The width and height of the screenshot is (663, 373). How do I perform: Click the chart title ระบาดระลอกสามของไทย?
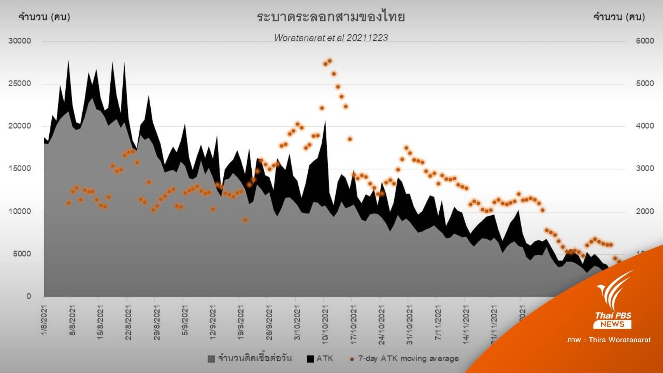(x=331, y=17)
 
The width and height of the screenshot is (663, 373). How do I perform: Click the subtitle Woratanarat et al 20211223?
(x=331, y=38)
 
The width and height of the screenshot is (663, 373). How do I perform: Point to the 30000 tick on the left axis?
(x=19, y=41)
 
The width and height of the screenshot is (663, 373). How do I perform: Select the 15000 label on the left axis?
(x=19, y=169)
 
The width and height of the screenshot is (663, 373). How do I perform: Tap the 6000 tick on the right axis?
(x=645, y=41)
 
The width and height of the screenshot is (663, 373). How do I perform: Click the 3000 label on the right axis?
(x=645, y=169)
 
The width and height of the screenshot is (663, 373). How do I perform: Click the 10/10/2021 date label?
(x=325, y=324)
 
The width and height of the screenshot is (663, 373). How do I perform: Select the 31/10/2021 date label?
(x=409, y=324)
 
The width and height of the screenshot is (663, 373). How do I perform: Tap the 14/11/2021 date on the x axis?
(x=466, y=324)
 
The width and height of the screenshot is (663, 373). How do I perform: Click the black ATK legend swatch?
(x=310, y=359)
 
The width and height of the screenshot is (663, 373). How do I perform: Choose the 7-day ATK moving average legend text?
(x=408, y=359)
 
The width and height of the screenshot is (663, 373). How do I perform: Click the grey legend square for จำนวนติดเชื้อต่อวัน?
(x=211, y=359)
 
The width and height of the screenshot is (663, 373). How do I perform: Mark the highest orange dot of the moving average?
(x=330, y=61)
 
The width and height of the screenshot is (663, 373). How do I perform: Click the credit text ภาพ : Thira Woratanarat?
(x=609, y=340)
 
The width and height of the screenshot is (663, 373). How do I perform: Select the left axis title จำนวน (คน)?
(x=44, y=17)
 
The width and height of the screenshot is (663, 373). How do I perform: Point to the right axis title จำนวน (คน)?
(x=619, y=17)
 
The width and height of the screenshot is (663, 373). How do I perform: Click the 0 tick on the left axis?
(x=28, y=296)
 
